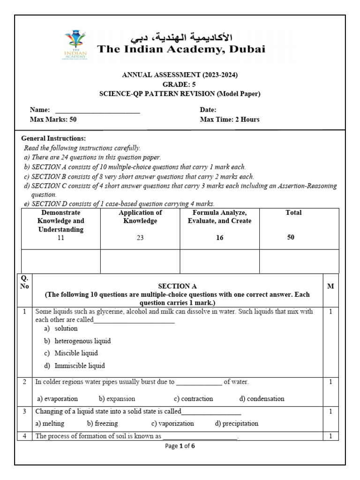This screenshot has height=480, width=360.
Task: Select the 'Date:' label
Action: [208, 110]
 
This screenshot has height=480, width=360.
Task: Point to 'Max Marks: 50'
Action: [53, 120]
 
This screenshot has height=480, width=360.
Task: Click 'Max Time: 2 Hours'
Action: [229, 120]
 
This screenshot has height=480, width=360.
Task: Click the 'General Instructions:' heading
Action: [53, 138]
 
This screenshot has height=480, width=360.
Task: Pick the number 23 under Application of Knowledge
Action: [140, 238]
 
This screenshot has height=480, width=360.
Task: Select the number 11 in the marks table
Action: [60, 238]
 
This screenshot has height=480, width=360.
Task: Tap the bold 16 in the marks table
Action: [220, 238]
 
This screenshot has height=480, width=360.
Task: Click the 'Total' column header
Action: [293, 213]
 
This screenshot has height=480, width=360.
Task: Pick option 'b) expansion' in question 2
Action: [117, 399]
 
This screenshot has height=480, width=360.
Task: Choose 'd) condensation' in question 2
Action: [262, 399]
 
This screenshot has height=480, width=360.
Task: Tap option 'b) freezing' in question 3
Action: [102, 423]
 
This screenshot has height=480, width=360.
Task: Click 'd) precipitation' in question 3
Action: [236, 423]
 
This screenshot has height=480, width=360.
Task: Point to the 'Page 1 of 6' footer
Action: [180, 446]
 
